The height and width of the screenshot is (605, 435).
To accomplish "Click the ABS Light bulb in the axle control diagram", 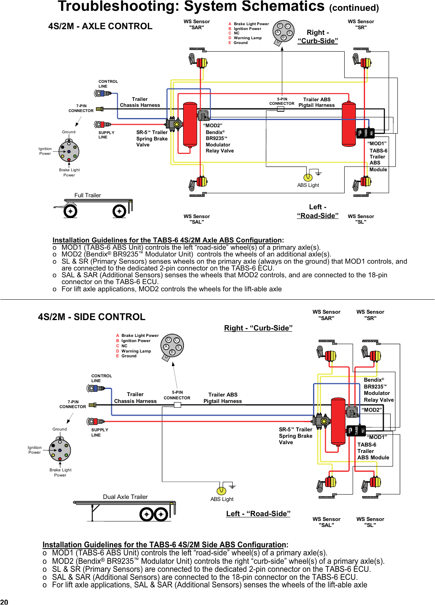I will tap(308, 177).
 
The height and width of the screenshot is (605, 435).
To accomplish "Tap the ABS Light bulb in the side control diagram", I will tap(221, 491).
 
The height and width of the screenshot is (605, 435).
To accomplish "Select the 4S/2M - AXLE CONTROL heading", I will tap(100, 26).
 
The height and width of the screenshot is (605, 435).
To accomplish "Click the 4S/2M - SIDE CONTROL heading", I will tap(92, 317).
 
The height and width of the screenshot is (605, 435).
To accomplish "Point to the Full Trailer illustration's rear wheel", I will tap(119, 211).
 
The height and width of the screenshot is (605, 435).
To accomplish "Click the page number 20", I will tap(4, 601).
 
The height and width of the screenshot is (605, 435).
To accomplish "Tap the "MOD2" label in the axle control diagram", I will tap(213, 126).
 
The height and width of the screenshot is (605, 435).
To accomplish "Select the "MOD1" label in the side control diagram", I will tap(377, 437).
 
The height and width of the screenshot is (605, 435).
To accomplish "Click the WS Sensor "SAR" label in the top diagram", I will tap(197, 24).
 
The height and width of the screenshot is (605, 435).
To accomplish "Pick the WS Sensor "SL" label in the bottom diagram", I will tap(370, 522).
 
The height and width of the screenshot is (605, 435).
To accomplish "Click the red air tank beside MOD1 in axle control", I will tap(349, 124).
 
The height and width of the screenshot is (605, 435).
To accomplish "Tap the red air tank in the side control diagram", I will tap(338, 421).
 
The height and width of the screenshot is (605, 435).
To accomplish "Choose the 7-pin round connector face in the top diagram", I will tap(69, 152).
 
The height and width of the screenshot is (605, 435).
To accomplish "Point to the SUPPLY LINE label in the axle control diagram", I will tap(106, 135).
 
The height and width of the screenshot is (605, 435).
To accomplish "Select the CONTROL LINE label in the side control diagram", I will tap(102, 378).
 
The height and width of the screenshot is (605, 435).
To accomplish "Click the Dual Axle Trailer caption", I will tap(125, 497).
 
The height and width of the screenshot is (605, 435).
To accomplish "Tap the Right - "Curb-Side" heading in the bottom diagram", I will tap(258, 328).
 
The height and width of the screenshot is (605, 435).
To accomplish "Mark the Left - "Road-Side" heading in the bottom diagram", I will tap(258, 514).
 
